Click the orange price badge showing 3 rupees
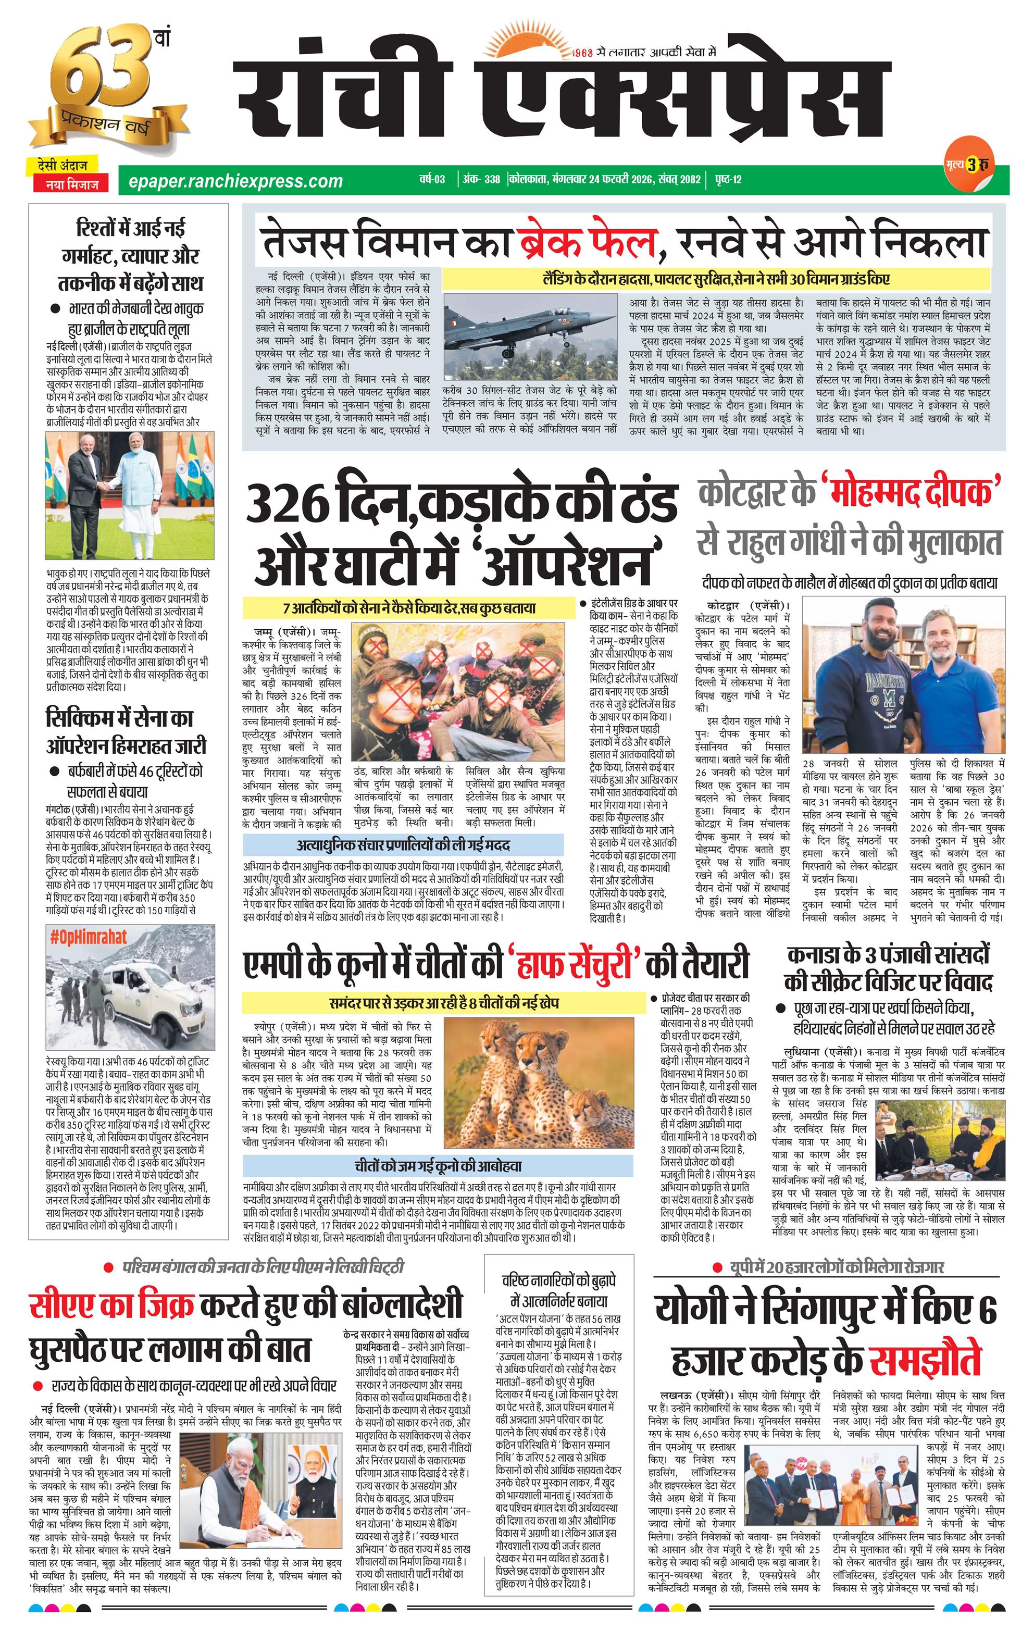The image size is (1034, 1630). point(973,165)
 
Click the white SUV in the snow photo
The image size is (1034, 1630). point(156,999)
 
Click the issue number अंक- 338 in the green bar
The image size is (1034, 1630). point(482,179)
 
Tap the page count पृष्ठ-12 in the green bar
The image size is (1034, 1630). point(728,179)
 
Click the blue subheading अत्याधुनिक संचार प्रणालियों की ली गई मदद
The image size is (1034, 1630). point(403,845)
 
